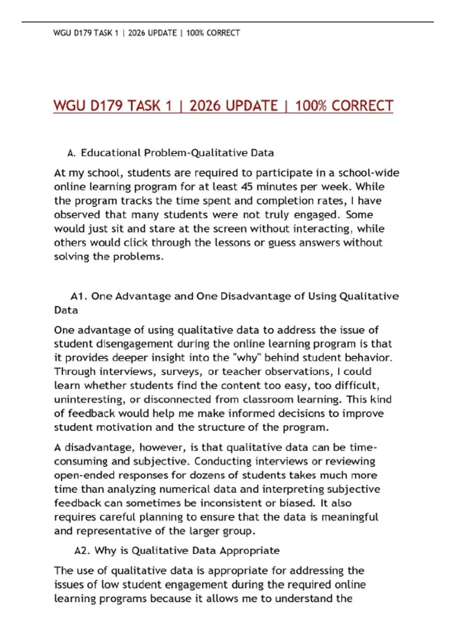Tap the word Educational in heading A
click(111, 153)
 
